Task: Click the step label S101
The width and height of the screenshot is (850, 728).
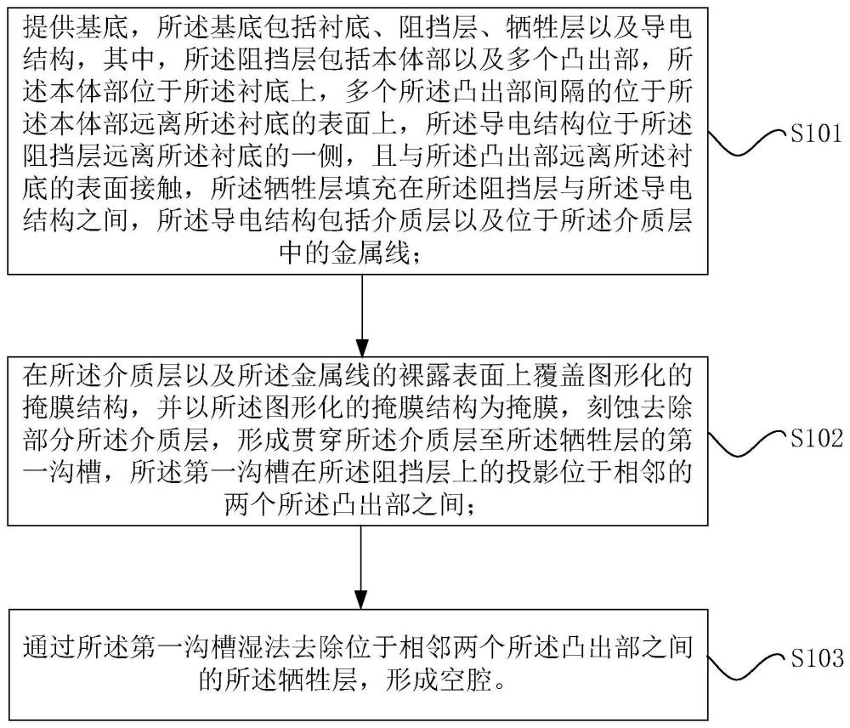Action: point(814,134)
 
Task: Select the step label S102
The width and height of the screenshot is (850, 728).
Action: point(814,439)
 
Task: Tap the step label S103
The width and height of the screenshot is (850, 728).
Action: point(814,657)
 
